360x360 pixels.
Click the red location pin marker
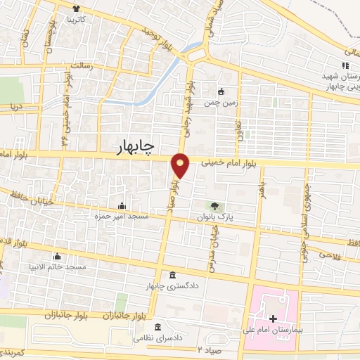coord(181,165)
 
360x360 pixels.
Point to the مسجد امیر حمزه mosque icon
coord(122,207)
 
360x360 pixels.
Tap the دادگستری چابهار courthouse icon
coord(173,275)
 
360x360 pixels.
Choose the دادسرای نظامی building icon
coord(157,328)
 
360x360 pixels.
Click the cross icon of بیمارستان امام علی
coord(273,320)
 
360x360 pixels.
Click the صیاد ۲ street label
coord(210,349)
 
